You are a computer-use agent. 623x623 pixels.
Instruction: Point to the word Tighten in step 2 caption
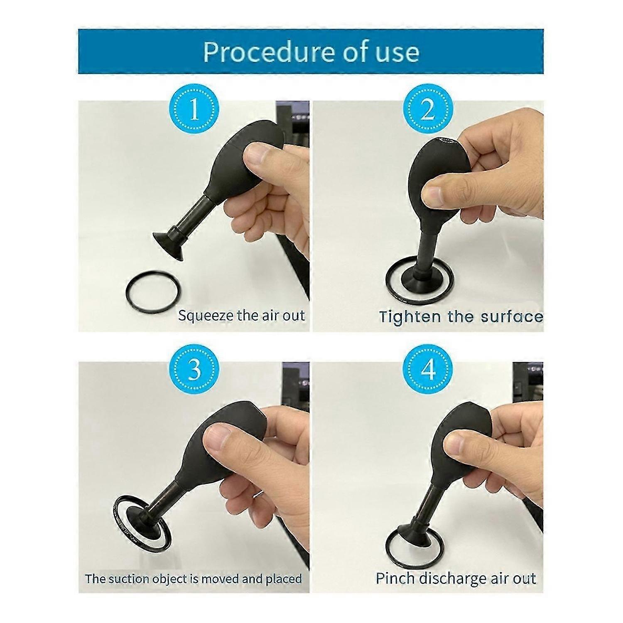point(404,316)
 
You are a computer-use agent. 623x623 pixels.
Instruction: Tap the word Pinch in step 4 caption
point(395,578)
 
